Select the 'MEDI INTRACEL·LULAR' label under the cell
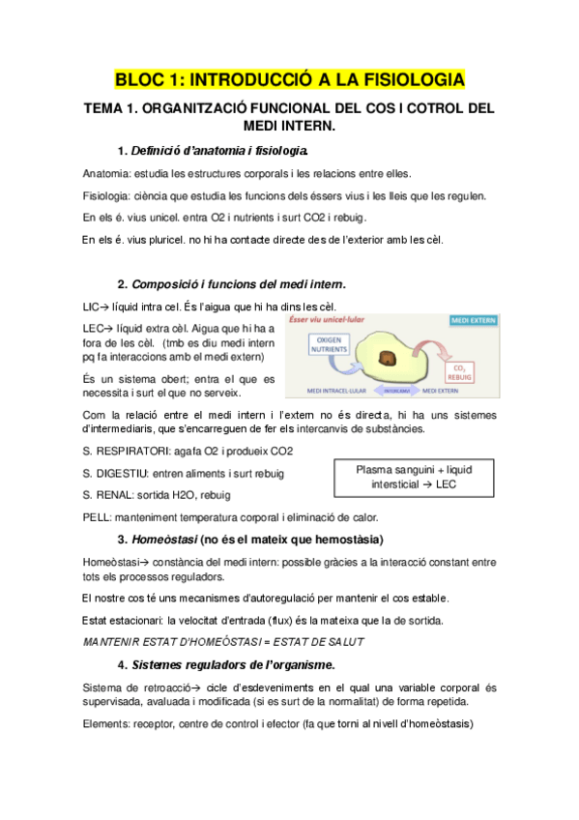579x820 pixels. tap(330, 393)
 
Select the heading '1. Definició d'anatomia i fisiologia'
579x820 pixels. tap(213, 151)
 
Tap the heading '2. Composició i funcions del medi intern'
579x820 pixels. tap(231, 284)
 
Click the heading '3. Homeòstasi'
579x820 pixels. tap(249, 539)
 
